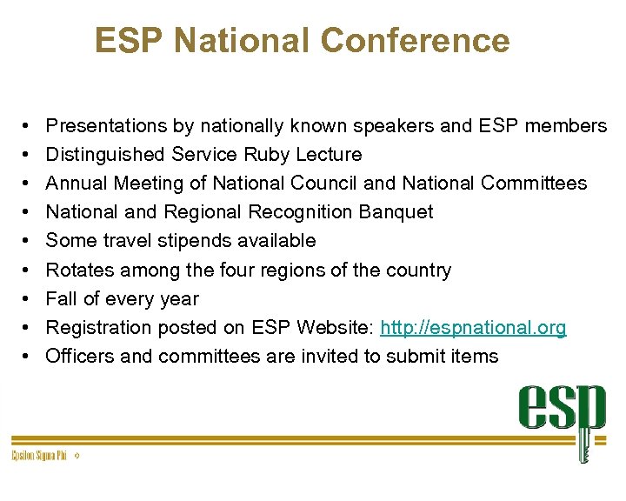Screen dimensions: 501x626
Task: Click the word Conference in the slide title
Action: (415, 40)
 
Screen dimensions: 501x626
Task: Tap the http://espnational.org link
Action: (473, 327)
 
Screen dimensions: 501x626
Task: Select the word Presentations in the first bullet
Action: (106, 126)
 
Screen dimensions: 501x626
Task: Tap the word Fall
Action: (61, 298)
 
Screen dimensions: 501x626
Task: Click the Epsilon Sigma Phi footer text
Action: (39, 455)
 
